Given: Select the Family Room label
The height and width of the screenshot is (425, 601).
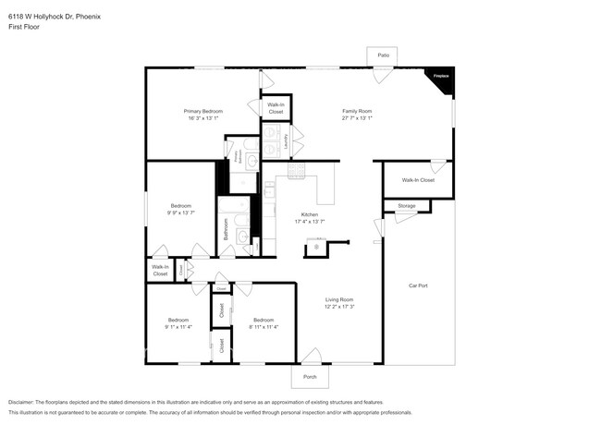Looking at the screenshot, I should (357, 111).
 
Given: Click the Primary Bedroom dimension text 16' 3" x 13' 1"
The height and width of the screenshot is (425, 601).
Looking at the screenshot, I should (203, 118).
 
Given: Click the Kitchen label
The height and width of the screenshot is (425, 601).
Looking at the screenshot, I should (309, 214).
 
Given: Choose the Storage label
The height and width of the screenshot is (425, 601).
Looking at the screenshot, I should (407, 205).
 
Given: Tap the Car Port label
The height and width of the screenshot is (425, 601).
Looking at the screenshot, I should (418, 285).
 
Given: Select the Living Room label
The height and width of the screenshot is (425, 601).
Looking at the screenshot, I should (339, 300).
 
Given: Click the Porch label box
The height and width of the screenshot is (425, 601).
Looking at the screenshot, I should (310, 375).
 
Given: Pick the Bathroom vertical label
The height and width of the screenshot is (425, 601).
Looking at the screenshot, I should (227, 229).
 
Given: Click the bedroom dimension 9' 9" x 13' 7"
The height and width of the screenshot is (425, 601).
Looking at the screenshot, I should (180, 212).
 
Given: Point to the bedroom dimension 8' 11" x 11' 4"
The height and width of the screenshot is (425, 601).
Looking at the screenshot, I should (264, 326).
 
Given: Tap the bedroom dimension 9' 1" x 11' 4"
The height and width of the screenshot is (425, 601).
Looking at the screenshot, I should (178, 326).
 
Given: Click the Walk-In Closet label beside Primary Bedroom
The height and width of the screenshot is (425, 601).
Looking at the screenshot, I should (276, 108).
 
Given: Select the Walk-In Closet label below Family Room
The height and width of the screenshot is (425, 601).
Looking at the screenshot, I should (418, 180).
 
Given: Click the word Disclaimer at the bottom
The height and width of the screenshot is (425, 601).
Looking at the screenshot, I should (22, 402).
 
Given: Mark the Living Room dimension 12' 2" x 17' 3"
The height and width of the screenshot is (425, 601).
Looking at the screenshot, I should (339, 307).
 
